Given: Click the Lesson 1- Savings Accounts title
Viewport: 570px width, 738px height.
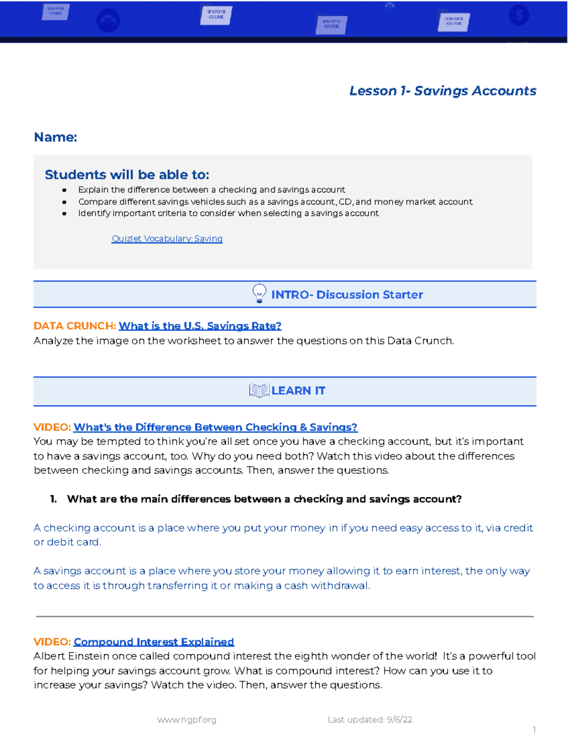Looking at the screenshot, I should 442,91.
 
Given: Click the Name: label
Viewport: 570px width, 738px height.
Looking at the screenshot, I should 55,137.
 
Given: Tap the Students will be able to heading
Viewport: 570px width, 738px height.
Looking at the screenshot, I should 127,175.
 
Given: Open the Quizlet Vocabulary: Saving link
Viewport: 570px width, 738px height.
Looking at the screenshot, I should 167,239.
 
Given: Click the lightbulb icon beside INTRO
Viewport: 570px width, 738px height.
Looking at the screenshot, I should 259,294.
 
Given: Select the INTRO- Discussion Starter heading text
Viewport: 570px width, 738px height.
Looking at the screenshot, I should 347,295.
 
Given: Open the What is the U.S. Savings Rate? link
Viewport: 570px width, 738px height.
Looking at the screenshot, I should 200,326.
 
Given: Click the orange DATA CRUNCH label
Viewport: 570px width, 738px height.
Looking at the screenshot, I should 75,326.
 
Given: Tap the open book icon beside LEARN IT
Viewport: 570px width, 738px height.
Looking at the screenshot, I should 259,391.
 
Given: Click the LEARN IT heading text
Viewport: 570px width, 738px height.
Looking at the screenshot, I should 298,391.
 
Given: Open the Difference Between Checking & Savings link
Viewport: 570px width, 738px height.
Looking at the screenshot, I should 215,427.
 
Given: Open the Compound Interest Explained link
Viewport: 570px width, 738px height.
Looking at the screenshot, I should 154,642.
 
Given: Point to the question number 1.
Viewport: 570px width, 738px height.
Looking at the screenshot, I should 53,499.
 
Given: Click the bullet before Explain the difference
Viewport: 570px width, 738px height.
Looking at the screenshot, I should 64,190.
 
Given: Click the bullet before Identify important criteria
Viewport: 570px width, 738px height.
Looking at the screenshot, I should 64,214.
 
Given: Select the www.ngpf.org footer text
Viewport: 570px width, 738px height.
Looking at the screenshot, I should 187,719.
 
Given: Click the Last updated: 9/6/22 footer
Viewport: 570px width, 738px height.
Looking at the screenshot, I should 370,719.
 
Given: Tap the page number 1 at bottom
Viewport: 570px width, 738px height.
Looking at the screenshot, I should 534,729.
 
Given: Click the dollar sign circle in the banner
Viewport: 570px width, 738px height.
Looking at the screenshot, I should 519,15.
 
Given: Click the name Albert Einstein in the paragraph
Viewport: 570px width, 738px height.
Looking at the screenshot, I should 65,656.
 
